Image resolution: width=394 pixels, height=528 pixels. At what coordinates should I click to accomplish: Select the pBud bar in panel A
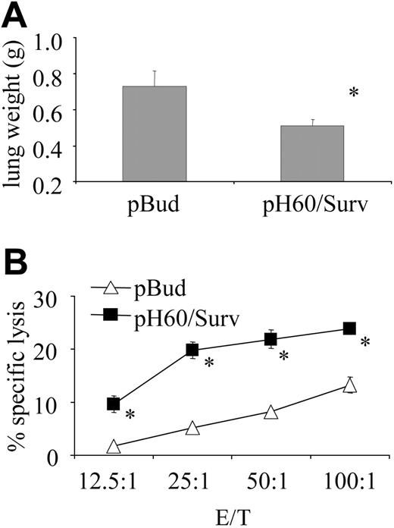(155, 134)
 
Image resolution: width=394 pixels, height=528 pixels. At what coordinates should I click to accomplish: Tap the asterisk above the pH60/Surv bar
(352, 93)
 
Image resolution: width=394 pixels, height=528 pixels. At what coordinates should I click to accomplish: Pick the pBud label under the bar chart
(155, 206)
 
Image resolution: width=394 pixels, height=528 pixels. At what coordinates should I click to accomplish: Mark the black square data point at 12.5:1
(114, 404)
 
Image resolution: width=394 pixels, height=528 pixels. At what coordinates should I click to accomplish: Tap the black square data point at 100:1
(349, 328)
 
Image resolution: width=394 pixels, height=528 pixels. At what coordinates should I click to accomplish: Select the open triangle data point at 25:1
(192, 429)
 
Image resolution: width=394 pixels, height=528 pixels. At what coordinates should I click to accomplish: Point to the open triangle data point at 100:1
(349, 385)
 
